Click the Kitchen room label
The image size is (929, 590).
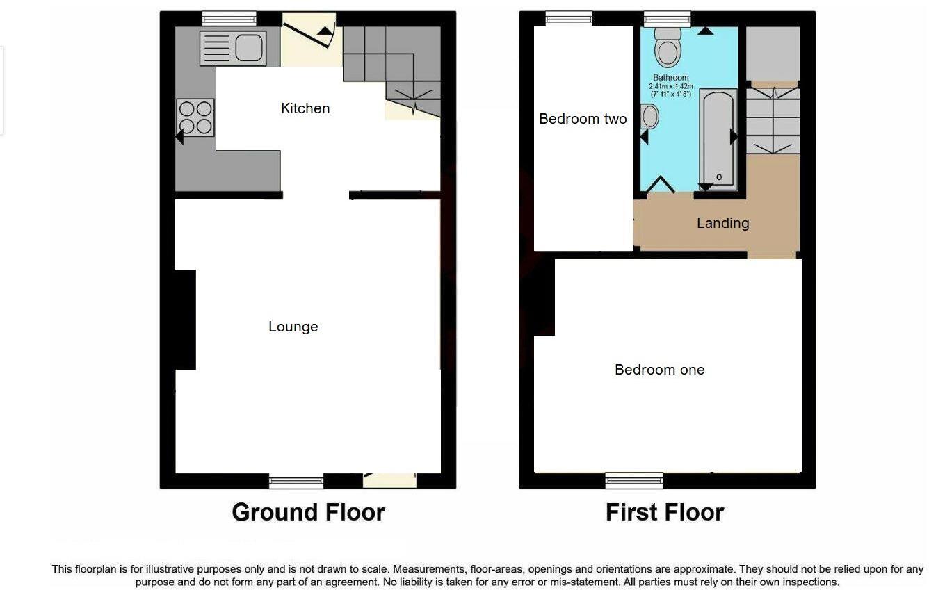(x=305, y=108)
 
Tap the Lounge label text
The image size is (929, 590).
(x=293, y=327)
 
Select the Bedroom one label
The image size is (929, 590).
(x=659, y=370)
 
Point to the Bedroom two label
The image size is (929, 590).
(x=583, y=119)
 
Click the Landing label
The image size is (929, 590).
(x=722, y=223)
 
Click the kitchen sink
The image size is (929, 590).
(x=233, y=48)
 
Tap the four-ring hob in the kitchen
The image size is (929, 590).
(x=195, y=117)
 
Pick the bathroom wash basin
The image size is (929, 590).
(x=650, y=117)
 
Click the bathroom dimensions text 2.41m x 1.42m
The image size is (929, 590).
(x=671, y=86)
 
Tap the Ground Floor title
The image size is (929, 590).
(x=308, y=512)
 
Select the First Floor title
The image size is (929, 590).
(x=665, y=512)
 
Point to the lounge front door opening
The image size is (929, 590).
(x=389, y=479)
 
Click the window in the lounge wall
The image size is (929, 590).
(x=296, y=480)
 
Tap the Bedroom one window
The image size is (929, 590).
(x=633, y=479)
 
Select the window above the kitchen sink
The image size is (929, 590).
(x=220, y=18)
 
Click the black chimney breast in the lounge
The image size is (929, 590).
(x=185, y=320)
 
